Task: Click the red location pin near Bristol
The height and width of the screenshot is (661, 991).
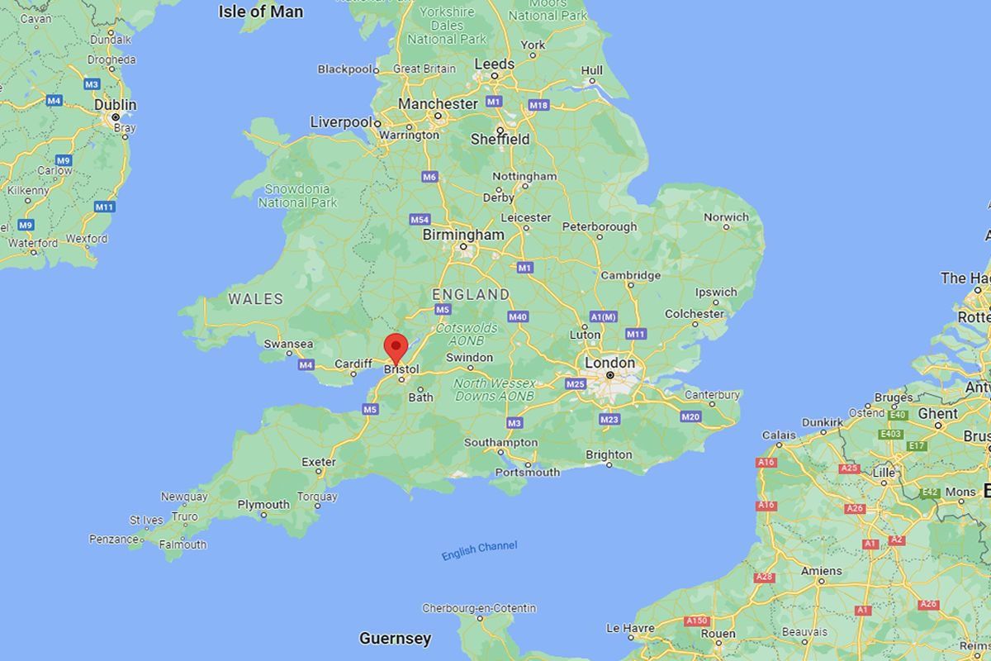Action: click(397, 347)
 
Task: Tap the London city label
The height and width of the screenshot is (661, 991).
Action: click(609, 363)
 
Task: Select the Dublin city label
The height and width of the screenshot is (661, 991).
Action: click(116, 105)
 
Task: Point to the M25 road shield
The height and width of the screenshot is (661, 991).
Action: click(576, 383)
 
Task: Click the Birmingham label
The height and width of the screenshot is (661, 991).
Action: click(462, 235)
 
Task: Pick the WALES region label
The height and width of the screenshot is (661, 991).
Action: click(255, 299)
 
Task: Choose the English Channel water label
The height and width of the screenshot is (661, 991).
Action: click(479, 550)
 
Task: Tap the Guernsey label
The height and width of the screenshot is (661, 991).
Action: click(395, 638)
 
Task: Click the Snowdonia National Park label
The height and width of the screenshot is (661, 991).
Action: click(297, 196)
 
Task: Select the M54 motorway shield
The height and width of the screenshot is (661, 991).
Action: click(420, 220)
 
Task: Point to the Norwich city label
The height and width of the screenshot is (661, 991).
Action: click(726, 217)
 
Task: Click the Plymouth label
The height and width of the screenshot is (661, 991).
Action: click(263, 505)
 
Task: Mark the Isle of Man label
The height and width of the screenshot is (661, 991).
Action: click(260, 12)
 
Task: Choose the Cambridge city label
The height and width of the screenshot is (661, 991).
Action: click(630, 275)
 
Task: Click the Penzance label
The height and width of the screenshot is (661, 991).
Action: click(113, 539)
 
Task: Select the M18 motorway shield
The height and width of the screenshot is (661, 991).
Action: click(538, 105)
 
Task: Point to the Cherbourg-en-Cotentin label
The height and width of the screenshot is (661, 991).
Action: click(479, 608)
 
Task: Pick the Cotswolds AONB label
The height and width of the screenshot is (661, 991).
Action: click(467, 334)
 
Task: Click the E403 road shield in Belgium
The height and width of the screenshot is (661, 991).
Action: click(891, 433)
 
